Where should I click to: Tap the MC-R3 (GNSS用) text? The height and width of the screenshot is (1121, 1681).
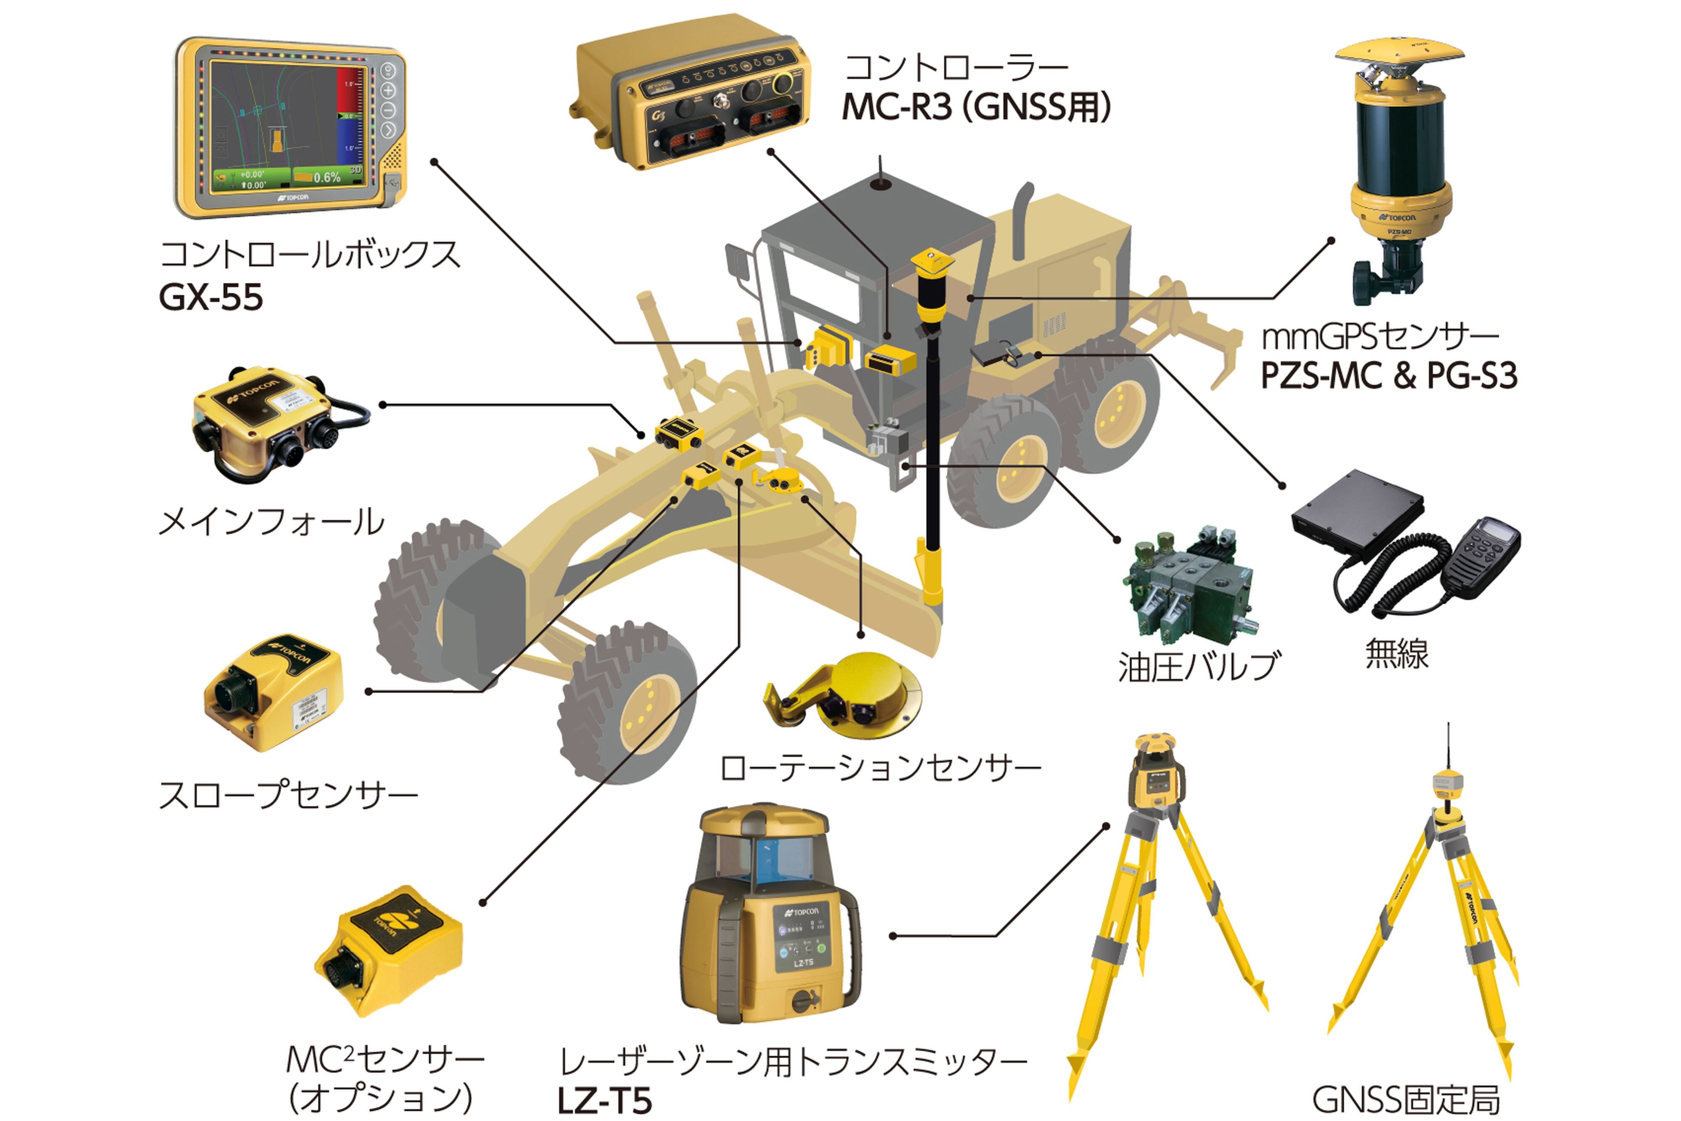975,107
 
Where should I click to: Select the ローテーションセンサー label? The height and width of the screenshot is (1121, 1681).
880,768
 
